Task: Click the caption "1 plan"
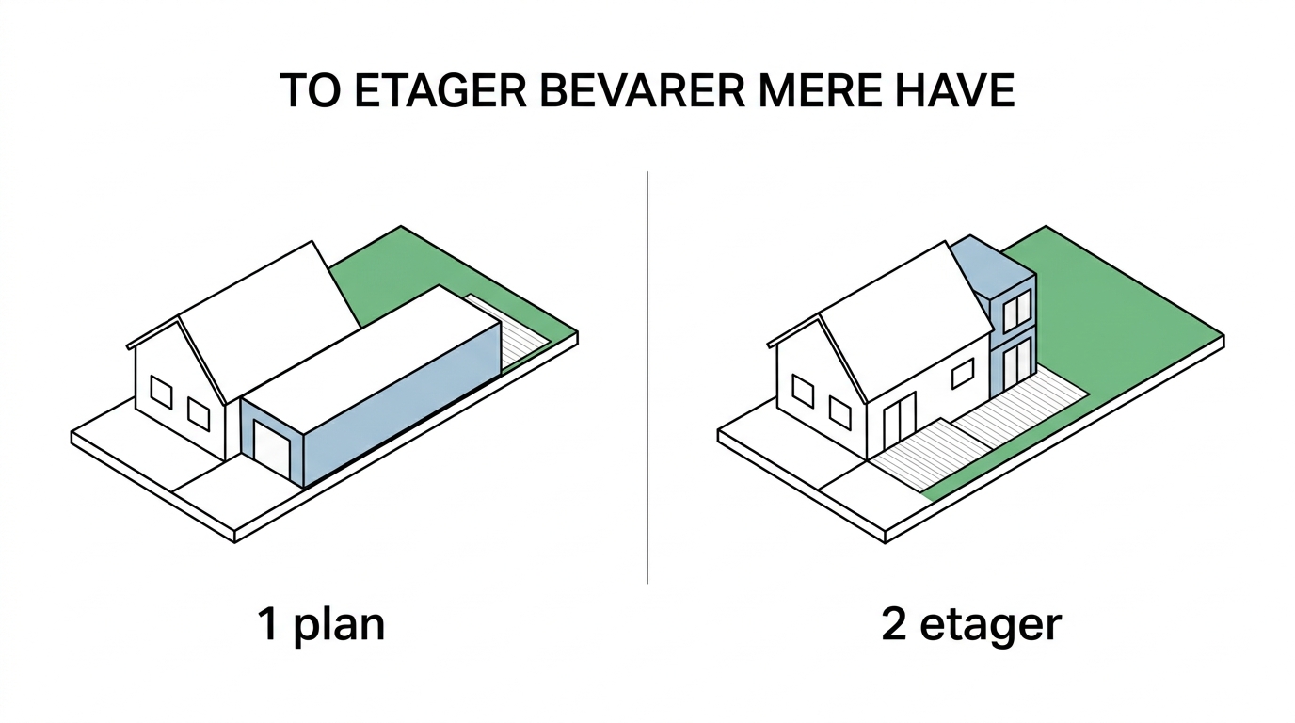tap(321, 624)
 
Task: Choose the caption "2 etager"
tap(970, 624)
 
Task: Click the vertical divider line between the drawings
tap(647, 377)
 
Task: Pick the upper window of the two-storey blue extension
tap(1017, 312)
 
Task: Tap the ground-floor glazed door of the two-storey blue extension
tap(1017, 365)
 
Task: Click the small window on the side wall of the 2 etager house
tap(962, 374)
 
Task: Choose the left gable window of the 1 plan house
tap(161, 393)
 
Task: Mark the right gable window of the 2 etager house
tap(839, 411)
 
